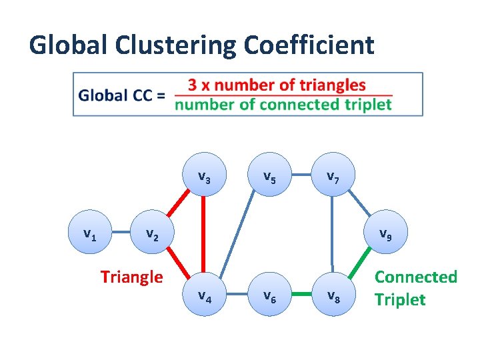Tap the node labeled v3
205,178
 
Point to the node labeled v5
269,178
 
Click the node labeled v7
332,178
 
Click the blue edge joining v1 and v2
119,235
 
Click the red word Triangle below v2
131,276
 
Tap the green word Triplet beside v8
399,299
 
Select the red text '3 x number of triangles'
277,85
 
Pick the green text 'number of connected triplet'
283,105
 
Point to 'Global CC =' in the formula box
122,95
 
